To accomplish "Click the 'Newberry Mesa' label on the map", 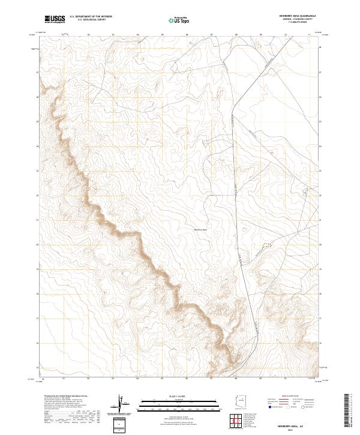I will pyautogui.click(x=200, y=229).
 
